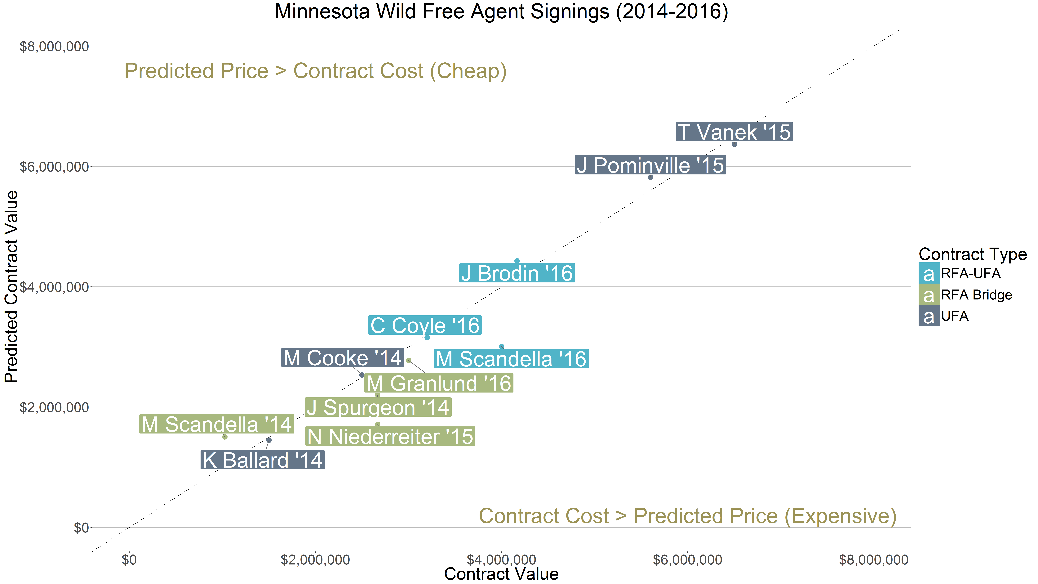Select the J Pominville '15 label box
coord(650,165)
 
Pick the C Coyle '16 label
coord(425,325)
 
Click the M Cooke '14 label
coord(343,357)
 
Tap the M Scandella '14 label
coord(216,424)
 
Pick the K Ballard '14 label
coord(262,460)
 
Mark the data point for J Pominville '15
coord(650,177)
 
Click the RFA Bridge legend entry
coord(976,295)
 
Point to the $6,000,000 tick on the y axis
coord(54,166)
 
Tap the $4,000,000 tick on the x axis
coord(501,560)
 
